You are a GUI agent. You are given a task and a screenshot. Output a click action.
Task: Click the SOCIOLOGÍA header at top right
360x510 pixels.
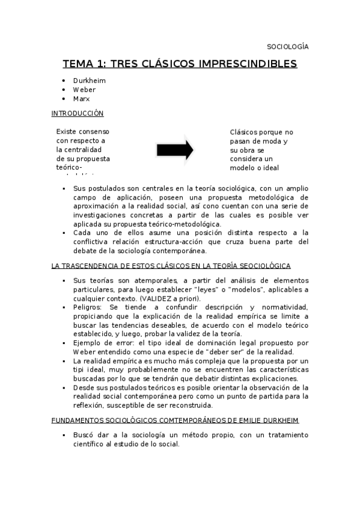pos(287,46)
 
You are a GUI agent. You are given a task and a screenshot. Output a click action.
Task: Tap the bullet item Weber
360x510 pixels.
pos(84,89)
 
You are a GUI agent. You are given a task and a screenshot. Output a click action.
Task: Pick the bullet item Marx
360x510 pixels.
pos(81,99)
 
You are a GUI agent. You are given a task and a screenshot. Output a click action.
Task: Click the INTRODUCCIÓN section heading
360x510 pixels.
pos(78,113)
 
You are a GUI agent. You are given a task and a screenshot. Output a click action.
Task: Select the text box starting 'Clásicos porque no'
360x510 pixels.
pos(261,150)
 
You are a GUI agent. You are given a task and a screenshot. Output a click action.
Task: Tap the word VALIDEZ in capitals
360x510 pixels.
pos(157,299)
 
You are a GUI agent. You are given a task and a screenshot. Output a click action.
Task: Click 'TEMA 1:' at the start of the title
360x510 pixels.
pos(85,64)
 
